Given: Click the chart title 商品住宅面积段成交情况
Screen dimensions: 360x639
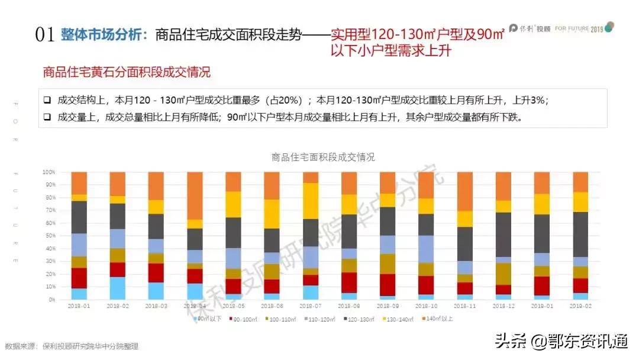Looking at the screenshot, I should [323, 157].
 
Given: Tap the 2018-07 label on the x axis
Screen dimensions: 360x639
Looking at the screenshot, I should [311, 306].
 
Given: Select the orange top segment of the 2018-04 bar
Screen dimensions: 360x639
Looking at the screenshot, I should [195, 195].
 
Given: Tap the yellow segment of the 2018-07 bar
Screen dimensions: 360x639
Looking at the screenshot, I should [311, 201].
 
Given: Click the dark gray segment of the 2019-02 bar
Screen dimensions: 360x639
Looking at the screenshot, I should [581, 234].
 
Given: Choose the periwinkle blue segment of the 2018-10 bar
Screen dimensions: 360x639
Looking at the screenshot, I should [427, 249].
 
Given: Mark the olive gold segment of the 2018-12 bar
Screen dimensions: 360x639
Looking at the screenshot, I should [504, 274].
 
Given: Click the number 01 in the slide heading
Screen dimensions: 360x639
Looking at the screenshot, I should [46, 35].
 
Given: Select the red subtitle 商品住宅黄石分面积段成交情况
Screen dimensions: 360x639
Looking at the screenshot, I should [127, 73].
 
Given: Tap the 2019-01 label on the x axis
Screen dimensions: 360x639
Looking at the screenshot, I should [543, 306].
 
